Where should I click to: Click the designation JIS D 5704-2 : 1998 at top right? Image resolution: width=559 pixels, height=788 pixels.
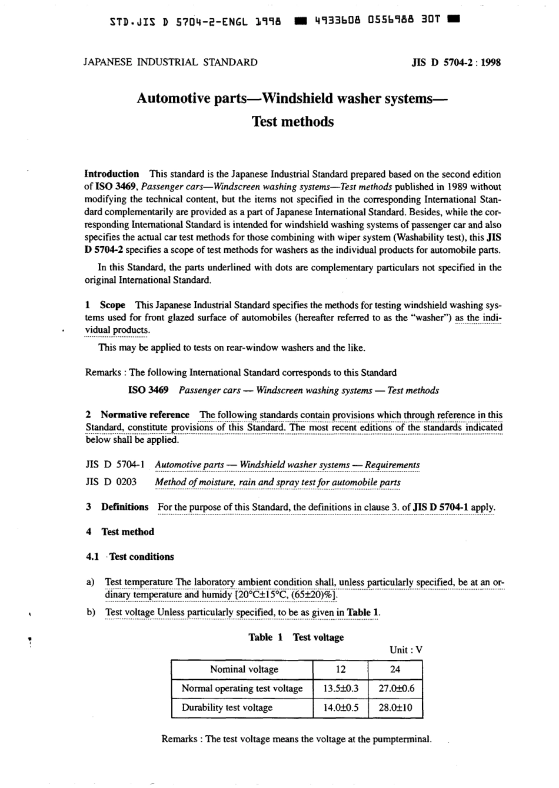click(456, 62)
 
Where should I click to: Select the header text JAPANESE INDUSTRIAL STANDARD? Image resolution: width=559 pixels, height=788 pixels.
click(171, 62)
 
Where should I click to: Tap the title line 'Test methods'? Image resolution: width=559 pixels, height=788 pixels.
click(292, 122)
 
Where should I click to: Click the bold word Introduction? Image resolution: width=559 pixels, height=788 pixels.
click(112, 174)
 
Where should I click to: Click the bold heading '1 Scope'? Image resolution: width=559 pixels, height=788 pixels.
click(106, 305)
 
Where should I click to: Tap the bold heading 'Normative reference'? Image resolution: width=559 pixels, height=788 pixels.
click(145, 415)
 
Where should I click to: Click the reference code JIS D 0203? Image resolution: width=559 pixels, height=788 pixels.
click(111, 482)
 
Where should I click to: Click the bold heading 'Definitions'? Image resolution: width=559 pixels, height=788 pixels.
click(125, 507)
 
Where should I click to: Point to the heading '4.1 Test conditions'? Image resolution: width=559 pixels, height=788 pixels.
click(130, 556)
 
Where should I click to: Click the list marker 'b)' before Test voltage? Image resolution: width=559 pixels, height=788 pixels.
click(91, 612)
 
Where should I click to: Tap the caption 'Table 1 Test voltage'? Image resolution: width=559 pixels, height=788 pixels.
click(296, 637)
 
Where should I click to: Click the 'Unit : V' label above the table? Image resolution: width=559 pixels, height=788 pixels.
click(405, 650)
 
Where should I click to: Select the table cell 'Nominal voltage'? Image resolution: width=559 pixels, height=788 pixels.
click(244, 669)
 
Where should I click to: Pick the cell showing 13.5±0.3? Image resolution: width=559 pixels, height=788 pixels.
click(341, 688)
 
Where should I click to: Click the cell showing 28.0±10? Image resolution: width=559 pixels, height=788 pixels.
click(395, 707)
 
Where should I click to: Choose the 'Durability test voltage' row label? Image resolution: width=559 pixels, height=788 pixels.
click(227, 707)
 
